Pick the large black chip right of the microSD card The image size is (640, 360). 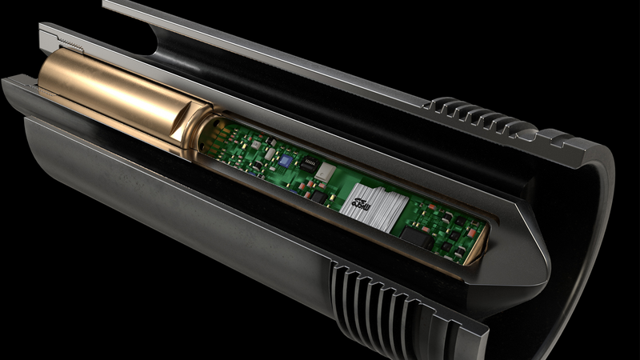tap(416, 234)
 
